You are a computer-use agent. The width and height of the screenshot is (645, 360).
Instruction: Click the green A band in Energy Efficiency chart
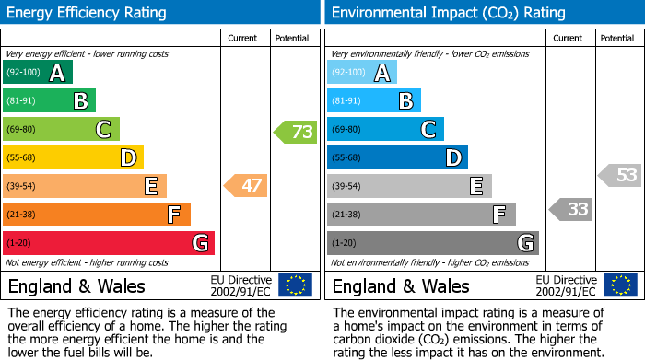click(37, 73)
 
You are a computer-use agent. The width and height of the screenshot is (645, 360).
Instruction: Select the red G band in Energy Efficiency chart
click(108, 243)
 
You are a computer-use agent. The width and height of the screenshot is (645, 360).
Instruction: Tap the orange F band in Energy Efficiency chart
click(96, 215)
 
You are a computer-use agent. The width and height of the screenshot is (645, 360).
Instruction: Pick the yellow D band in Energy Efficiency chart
click(72, 158)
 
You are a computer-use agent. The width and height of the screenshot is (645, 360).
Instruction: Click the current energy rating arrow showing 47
click(246, 186)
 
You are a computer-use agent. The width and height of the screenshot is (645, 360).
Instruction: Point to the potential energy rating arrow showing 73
click(296, 132)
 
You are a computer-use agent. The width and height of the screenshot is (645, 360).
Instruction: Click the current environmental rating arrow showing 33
click(571, 210)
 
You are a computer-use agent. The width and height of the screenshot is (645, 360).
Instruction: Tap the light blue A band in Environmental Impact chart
click(361, 73)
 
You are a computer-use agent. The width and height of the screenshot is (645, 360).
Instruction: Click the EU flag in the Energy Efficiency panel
click(295, 285)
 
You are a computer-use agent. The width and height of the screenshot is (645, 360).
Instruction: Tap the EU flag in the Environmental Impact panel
click(620, 285)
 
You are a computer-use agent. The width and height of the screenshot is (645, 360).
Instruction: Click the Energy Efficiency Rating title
click(88, 13)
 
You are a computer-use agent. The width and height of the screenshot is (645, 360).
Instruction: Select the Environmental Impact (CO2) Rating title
click(448, 13)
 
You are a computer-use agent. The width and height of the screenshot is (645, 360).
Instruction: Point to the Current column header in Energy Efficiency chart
click(242, 38)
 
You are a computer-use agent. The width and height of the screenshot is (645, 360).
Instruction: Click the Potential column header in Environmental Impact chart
click(616, 38)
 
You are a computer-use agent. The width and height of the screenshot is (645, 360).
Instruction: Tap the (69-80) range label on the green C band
click(23, 130)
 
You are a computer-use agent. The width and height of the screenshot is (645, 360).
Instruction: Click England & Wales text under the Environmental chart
click(401, 286)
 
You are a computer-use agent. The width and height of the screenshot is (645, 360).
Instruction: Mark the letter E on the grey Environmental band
click(475, 187)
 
